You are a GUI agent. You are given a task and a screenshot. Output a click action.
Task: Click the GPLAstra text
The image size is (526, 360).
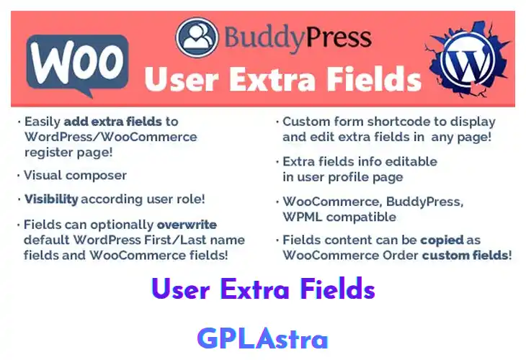[x=262, y=338]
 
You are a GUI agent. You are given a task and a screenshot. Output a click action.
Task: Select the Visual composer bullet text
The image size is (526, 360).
[x=76, y=175]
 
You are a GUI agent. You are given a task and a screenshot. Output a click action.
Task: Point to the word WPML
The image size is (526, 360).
[x=302, y=216]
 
